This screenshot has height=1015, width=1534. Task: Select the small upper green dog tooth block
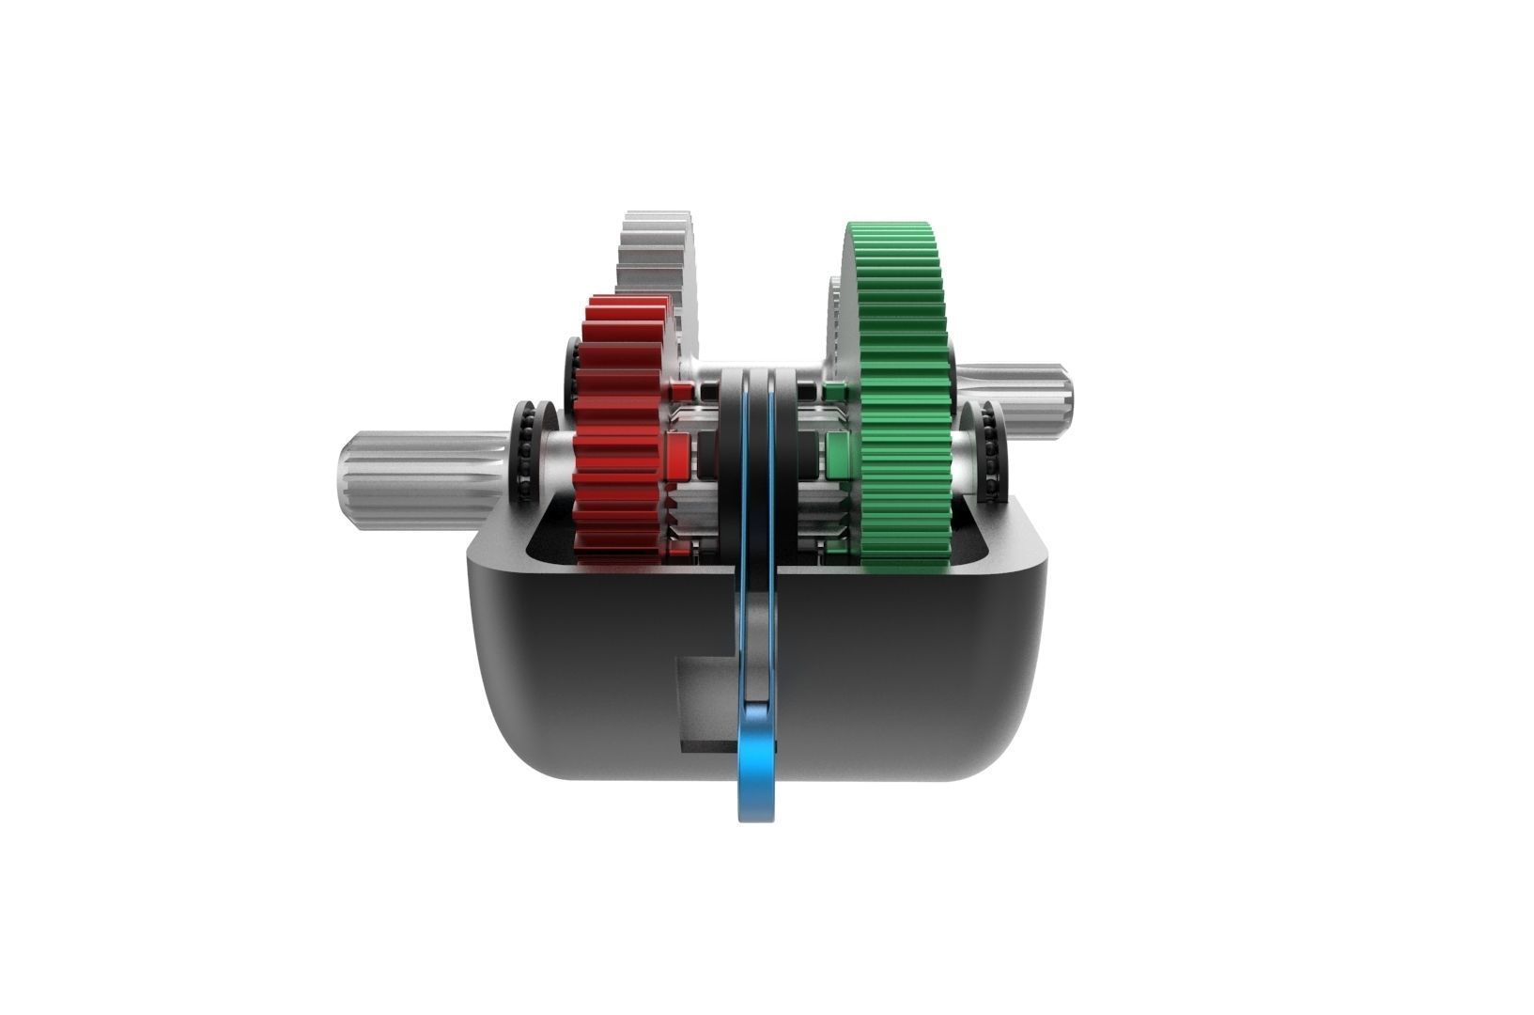832,389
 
